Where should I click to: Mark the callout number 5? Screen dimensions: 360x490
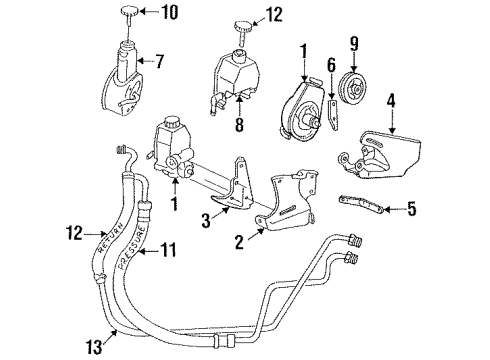(408, 210)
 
